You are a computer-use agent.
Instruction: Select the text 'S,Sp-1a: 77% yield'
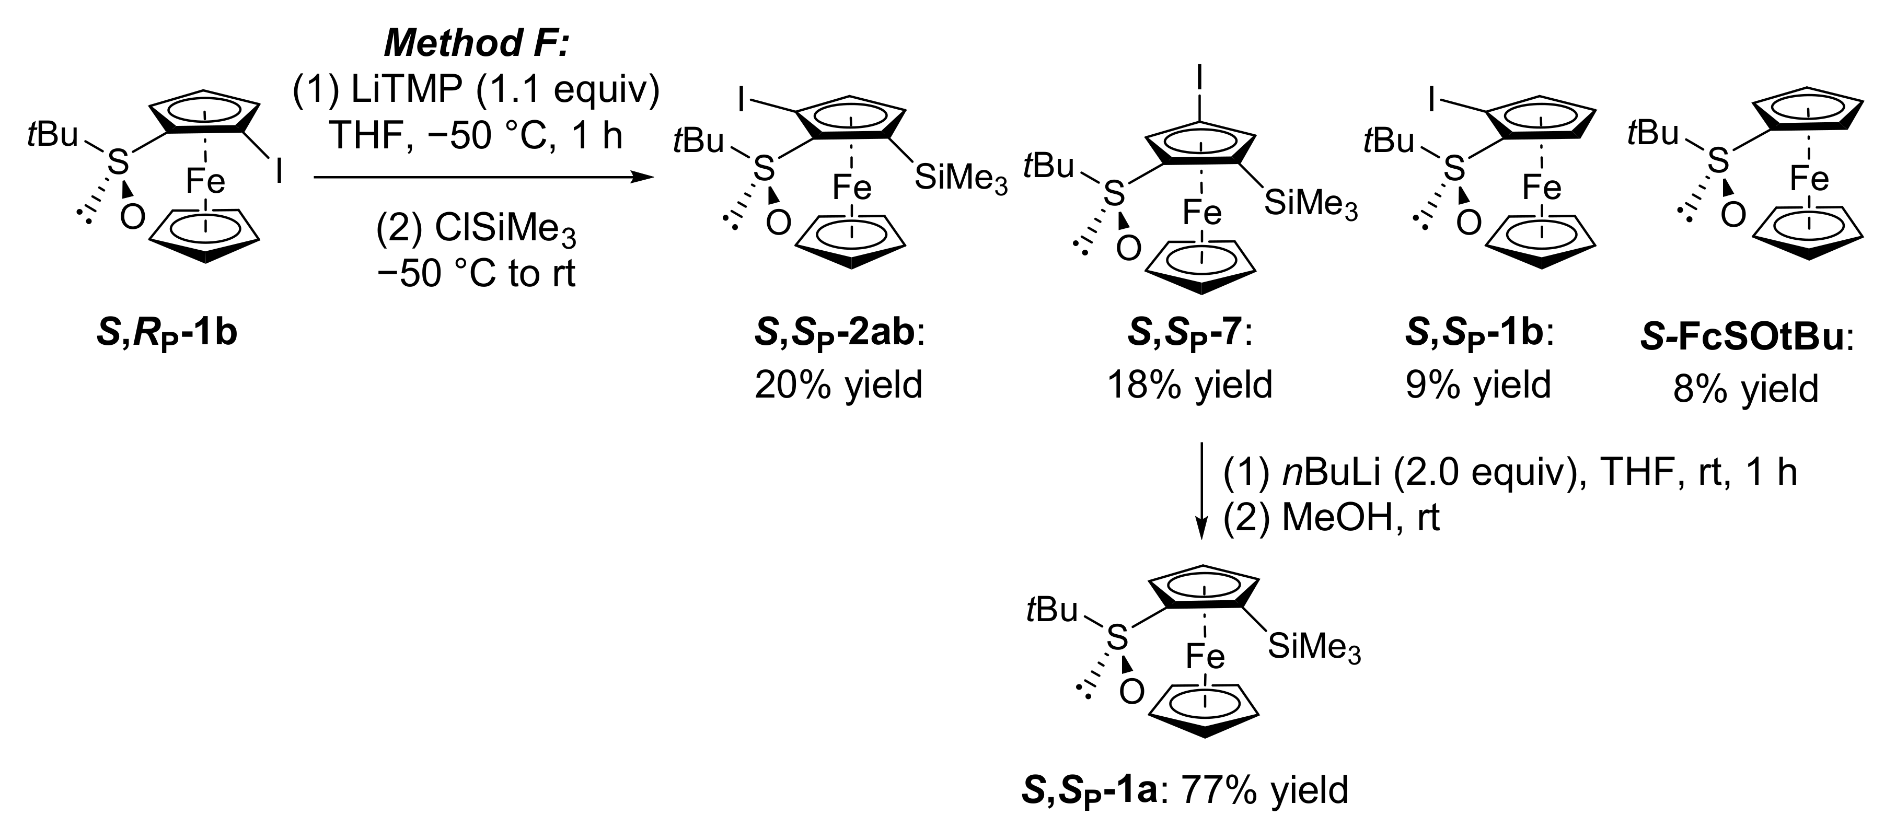tap(1185, 790)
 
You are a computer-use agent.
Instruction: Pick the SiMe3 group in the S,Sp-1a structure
tap(1314, 649)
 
